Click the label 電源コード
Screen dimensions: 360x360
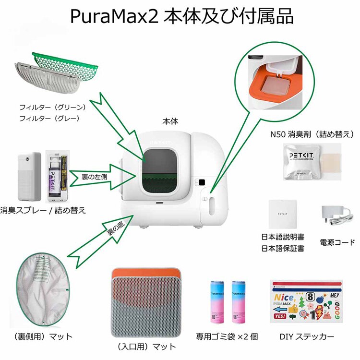pos(337,242)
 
